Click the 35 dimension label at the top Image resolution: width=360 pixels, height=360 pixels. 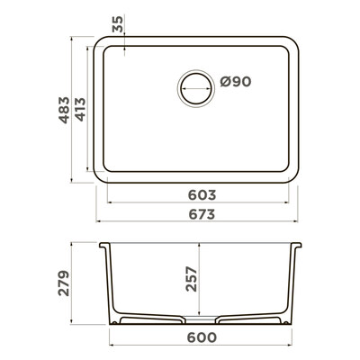[118, 24]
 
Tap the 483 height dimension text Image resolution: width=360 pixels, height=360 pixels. [64, 110]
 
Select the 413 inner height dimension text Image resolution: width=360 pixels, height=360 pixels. [80, 110]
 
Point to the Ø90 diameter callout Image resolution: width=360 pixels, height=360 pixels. [236, 82]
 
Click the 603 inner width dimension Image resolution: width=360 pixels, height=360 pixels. [202, 195]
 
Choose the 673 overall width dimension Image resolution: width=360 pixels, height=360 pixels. [202, 214]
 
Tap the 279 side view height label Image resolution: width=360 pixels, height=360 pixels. [64, 283]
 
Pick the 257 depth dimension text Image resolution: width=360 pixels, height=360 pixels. [191, 279]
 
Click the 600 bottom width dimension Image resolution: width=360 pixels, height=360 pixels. [202, 337]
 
